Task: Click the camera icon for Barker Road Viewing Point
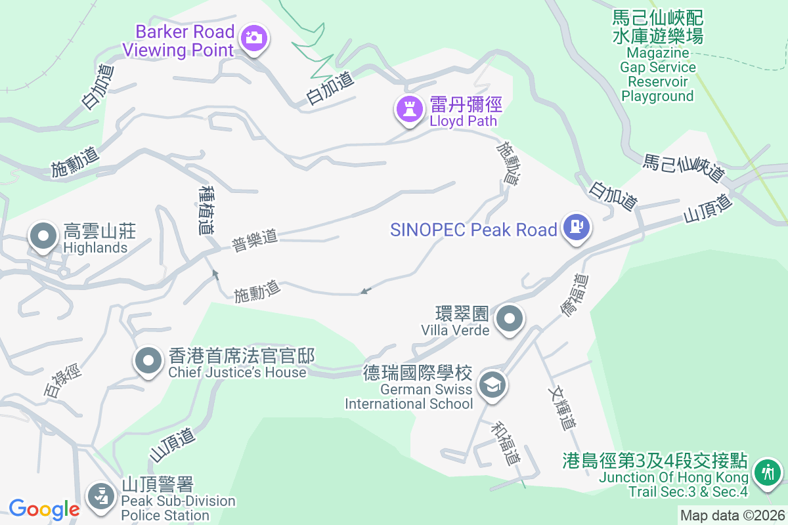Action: (x=253, y=37)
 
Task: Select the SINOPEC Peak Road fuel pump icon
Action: (x=576, y=227)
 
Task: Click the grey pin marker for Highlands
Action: (x=43, y=236)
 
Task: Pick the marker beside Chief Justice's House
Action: (x=148, y=360)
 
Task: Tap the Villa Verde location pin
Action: (x=509, y=320)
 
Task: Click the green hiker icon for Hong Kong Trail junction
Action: (x=766, y=472)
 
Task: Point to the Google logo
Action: (x=44, y=509)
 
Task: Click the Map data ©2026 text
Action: (x=732, y=515)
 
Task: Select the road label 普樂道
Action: (x=255, y=240)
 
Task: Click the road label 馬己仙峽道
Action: (x=684, y=168)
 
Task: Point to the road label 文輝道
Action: (x=561, y=407)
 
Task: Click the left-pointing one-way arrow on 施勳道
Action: (x=366, y=290)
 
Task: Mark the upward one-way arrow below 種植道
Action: (x=215, y=274)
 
